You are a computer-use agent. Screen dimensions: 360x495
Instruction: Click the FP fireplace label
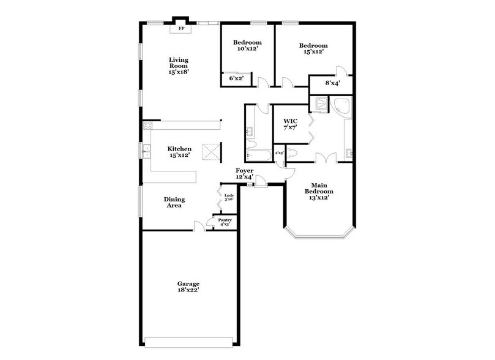181,29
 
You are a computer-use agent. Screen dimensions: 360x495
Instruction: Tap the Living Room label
179,65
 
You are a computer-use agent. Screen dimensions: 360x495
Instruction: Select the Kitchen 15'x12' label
180,152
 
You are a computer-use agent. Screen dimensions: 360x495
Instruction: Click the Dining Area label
174,203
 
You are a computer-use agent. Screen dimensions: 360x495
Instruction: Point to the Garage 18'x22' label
188,287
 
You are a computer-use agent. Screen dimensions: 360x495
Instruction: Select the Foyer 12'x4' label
244,174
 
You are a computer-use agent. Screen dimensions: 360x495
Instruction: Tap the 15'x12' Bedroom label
313,48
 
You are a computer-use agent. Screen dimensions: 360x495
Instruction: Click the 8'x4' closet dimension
332,83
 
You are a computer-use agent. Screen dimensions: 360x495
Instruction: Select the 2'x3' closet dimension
278,153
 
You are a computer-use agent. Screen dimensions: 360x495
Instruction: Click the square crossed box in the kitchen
212,152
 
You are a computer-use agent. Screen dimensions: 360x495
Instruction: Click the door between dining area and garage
199,227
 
